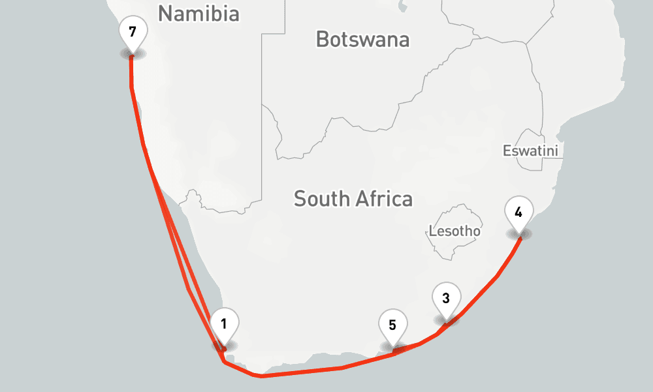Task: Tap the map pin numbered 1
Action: (224, 325)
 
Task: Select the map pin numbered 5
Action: (392, 327)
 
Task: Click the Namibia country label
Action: (199, 14)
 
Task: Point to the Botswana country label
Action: (362, 39)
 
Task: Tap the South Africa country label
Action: (353, 199)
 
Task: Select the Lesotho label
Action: (454, 231)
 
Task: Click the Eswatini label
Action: (531, 151)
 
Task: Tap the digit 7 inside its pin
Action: (132, 31)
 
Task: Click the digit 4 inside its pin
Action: (518, 212)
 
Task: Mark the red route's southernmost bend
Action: (261, 376)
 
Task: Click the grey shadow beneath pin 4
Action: (520, 234)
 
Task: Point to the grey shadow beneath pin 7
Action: (132, 54)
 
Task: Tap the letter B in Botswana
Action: (322, 39)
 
